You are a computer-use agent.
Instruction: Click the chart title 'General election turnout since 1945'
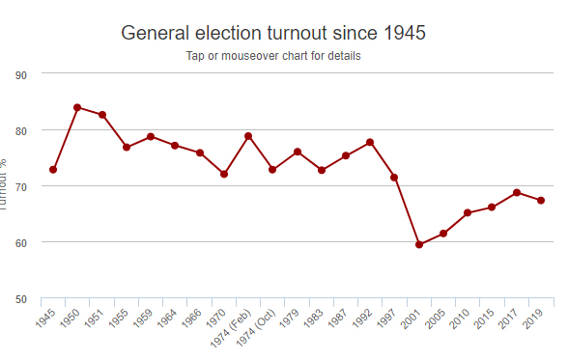273,33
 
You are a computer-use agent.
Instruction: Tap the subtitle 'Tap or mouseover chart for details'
273,55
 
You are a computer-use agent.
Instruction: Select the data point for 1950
77,107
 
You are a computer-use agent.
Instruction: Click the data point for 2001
419,244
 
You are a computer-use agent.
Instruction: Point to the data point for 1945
53,170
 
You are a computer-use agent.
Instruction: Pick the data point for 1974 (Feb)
248,136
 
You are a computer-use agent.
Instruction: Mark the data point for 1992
370,143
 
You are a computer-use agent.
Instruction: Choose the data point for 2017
517,192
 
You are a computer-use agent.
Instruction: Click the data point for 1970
224,174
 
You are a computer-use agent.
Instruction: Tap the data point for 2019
541,200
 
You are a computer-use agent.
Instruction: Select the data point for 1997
394,177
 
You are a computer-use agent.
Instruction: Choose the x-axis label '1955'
120,318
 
